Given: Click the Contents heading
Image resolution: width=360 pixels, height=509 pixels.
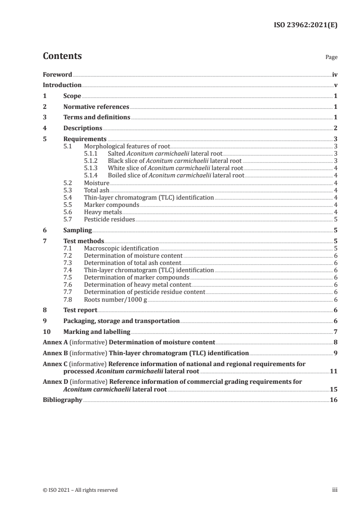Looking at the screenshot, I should [x=62, y=56].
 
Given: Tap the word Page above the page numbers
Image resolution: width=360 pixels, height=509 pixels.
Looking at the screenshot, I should [x=331, y=58].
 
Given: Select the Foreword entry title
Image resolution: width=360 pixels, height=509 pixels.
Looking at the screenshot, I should [x=57, y=74].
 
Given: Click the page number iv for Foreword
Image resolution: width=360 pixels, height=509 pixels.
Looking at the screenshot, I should [x=335, y=74].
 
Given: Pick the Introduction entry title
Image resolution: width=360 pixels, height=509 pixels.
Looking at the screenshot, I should [x=62, y=85].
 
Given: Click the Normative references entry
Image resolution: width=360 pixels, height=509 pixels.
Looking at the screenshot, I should [x=96, y=107].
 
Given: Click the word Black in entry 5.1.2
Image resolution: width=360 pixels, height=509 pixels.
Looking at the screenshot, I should [x=115, y=161].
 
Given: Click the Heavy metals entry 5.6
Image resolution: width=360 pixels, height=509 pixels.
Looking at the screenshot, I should [x=103, y=212].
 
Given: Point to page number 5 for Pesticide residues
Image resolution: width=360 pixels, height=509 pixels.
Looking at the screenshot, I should [x=335, y=219].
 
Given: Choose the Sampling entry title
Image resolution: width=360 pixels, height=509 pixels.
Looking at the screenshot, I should [x=78, y=230].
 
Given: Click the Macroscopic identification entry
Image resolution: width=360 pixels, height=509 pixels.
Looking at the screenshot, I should [x=121, y=249].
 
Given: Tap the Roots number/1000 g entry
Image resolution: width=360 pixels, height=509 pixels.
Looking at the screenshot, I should [x=115, y=299].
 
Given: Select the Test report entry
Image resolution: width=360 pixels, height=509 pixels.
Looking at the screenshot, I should [x=80, y=310].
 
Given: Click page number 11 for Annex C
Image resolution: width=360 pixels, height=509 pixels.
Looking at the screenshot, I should [x=333, y=371].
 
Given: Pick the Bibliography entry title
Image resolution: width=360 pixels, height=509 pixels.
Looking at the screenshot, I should [x=62, y=400].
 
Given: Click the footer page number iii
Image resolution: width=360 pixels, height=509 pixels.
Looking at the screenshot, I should [x=335, y=490].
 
